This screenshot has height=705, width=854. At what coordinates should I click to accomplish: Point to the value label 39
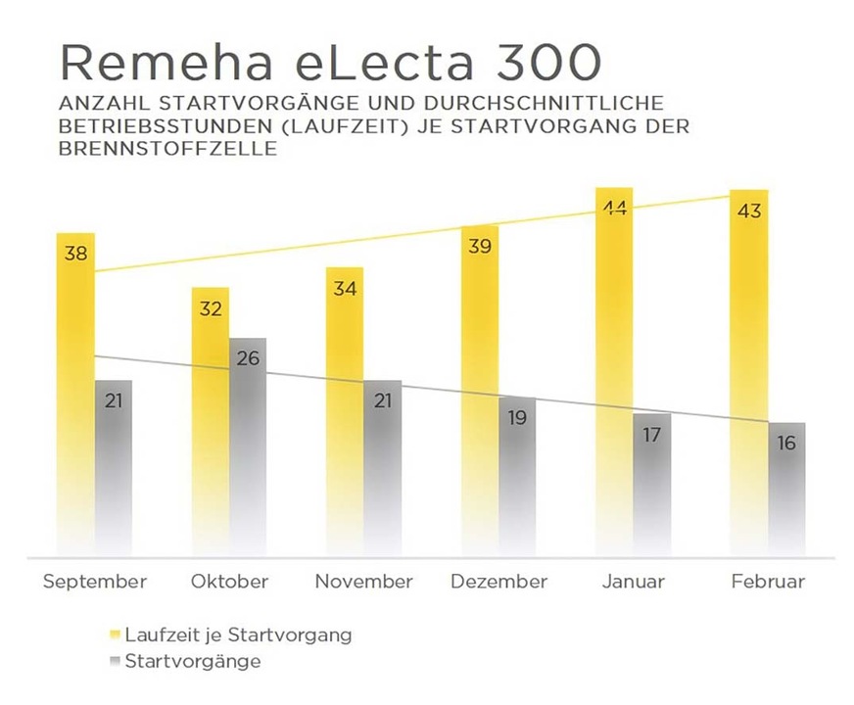click(480, 247)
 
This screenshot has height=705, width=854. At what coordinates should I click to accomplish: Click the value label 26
click(248, 358)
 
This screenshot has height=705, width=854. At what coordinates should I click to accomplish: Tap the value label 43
click(748, 211)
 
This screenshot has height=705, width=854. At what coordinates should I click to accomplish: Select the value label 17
click(652, 434)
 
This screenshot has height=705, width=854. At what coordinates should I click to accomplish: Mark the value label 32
click(211, 309)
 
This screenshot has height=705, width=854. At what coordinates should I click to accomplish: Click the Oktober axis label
click(229, 582)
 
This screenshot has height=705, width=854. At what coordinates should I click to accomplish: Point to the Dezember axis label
click(498, 582)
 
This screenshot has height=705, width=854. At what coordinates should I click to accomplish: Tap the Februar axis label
click(768, 582)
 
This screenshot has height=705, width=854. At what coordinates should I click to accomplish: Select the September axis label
click(94, 582)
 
